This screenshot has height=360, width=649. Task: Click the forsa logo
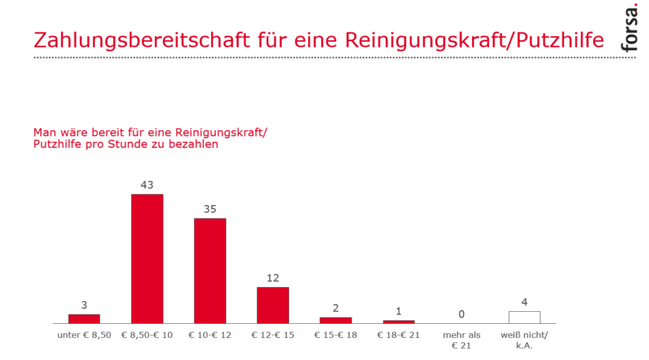point(631,30)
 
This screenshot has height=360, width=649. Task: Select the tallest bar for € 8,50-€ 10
point(147,259)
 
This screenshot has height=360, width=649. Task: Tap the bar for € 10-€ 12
point(210,271)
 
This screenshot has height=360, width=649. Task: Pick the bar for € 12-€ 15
point(273,305)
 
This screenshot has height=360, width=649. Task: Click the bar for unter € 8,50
point(84,318)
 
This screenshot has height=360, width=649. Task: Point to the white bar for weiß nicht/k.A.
point(524,317)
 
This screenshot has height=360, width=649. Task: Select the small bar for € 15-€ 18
point(335,320)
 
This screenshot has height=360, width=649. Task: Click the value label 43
point(147,185)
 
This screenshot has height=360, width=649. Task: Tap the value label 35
point(210,209)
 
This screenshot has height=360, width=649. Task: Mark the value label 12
point(273,278)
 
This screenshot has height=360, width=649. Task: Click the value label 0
point(461,314)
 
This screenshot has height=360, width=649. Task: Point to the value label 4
point(524,302)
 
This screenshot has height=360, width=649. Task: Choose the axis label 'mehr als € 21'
point(461,340)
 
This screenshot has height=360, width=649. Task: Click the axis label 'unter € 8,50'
point(84,335)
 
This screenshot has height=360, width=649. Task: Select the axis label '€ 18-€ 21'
point(398,335)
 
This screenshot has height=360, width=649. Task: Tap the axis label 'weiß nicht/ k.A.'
point(524,340)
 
